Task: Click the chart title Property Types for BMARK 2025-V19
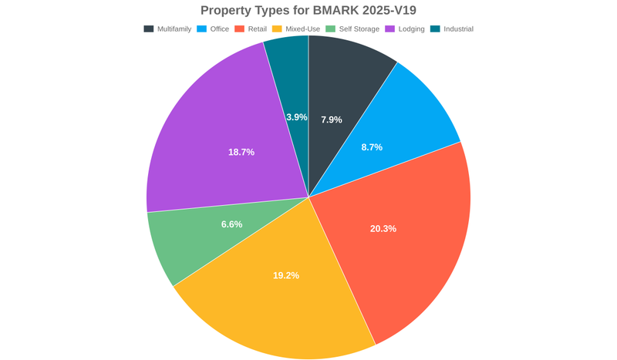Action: [x=308, y=11]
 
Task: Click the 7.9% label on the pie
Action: [x=332, y=119]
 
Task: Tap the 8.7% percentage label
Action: [x=372, y=146]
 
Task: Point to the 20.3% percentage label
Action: [x=383, y=228]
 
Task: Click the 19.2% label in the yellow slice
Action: [x=285, y=275]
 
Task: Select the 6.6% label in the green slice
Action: [x=231, y=224]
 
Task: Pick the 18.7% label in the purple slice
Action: [x=241, y=152]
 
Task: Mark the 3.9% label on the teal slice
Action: [x=296, y=117]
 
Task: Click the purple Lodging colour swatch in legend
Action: [x=389, y=29]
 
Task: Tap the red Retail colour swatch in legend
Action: [x=239, y=29]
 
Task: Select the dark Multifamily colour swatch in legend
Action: [x=148, y=29]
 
